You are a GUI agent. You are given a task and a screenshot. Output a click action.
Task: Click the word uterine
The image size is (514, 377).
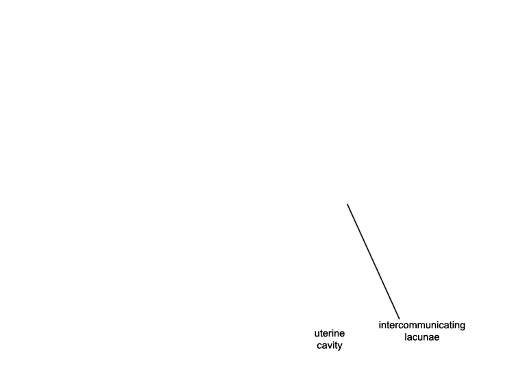(330, 333)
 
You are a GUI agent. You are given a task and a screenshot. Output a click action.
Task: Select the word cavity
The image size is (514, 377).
(330, 345)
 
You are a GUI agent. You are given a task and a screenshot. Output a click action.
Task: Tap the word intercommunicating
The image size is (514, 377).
(422, 326)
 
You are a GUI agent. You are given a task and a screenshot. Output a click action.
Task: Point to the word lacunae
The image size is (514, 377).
(422, 337)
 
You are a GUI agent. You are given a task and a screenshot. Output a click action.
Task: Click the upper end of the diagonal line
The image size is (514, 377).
(347, 204)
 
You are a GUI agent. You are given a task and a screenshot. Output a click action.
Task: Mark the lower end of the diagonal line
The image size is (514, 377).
(400, 319)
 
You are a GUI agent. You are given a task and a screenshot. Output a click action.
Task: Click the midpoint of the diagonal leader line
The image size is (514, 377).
(374, 261)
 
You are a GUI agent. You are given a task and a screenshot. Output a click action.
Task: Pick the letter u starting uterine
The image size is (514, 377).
(317, 334)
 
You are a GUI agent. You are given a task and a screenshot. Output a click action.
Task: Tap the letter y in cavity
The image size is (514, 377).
(340, 347)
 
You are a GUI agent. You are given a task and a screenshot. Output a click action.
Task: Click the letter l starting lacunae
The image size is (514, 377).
(406, 337)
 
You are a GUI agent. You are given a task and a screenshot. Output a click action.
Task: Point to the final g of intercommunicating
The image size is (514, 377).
(463, 326)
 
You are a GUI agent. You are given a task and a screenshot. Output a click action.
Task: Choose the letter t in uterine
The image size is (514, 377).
(321, 333)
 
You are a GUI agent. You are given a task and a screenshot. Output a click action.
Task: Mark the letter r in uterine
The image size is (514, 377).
(329, 334)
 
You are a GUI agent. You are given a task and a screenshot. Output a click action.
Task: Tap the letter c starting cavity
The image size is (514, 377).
(319, 346)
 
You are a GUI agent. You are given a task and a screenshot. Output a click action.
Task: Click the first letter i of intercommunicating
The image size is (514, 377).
(380, 325)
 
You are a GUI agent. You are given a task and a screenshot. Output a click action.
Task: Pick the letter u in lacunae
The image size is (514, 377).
(420, 338)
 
